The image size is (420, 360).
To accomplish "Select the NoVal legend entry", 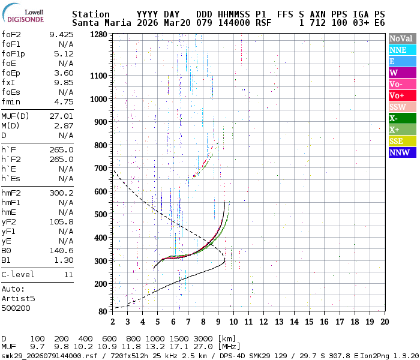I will tap(401, 38).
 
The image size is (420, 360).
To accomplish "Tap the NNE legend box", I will tap(401, 50).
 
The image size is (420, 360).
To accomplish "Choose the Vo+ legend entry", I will tap(401, 95).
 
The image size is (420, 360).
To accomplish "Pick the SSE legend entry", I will tap(401, 141).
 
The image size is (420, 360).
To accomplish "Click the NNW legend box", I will tap(401, 152).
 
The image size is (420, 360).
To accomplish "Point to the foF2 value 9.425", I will tap(61, 34).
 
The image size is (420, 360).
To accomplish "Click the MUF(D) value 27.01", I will tap(61, 116).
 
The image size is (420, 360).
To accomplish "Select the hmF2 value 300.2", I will tap(61, 193).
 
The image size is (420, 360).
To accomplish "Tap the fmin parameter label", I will tap(11, 101).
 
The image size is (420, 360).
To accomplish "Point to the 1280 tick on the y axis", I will tap(98, 35).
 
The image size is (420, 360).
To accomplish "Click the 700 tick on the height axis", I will tap(101, 168).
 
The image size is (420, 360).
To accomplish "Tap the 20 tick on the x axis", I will tap(384, 321).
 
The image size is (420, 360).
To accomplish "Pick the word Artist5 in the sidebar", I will tap(19, 298).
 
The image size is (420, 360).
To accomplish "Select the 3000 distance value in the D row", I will tap(202, 339).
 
